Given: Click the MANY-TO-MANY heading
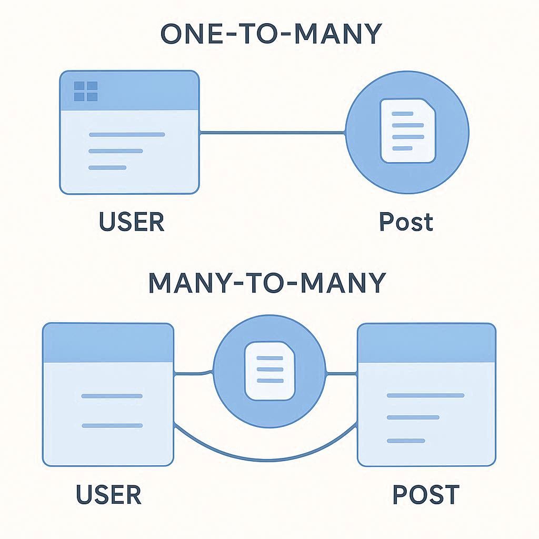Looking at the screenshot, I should click(267, 283).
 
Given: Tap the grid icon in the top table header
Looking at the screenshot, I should click(86, 91).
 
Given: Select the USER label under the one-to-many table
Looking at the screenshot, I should click(132, 222).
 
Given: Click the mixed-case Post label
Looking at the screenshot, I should click(406, 222).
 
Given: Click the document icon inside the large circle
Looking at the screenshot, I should click(408, 131).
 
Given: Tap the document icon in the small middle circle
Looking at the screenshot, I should click(270, 369).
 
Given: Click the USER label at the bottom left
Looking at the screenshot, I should click(108, 495).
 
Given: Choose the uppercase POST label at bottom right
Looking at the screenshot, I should click(426, 495).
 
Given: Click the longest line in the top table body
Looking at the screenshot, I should click(127, 135).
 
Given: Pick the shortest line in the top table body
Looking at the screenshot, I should click(107, 167).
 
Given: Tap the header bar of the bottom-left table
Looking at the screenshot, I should click(108, 343).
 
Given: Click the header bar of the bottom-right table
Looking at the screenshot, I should click(426, 343).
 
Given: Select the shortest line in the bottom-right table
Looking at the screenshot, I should click(406, 440).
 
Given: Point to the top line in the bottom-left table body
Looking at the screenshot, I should click(112, 396).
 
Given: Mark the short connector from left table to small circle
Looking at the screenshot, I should click(193, 374).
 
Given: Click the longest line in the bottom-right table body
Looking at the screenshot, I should click(425, 395).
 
